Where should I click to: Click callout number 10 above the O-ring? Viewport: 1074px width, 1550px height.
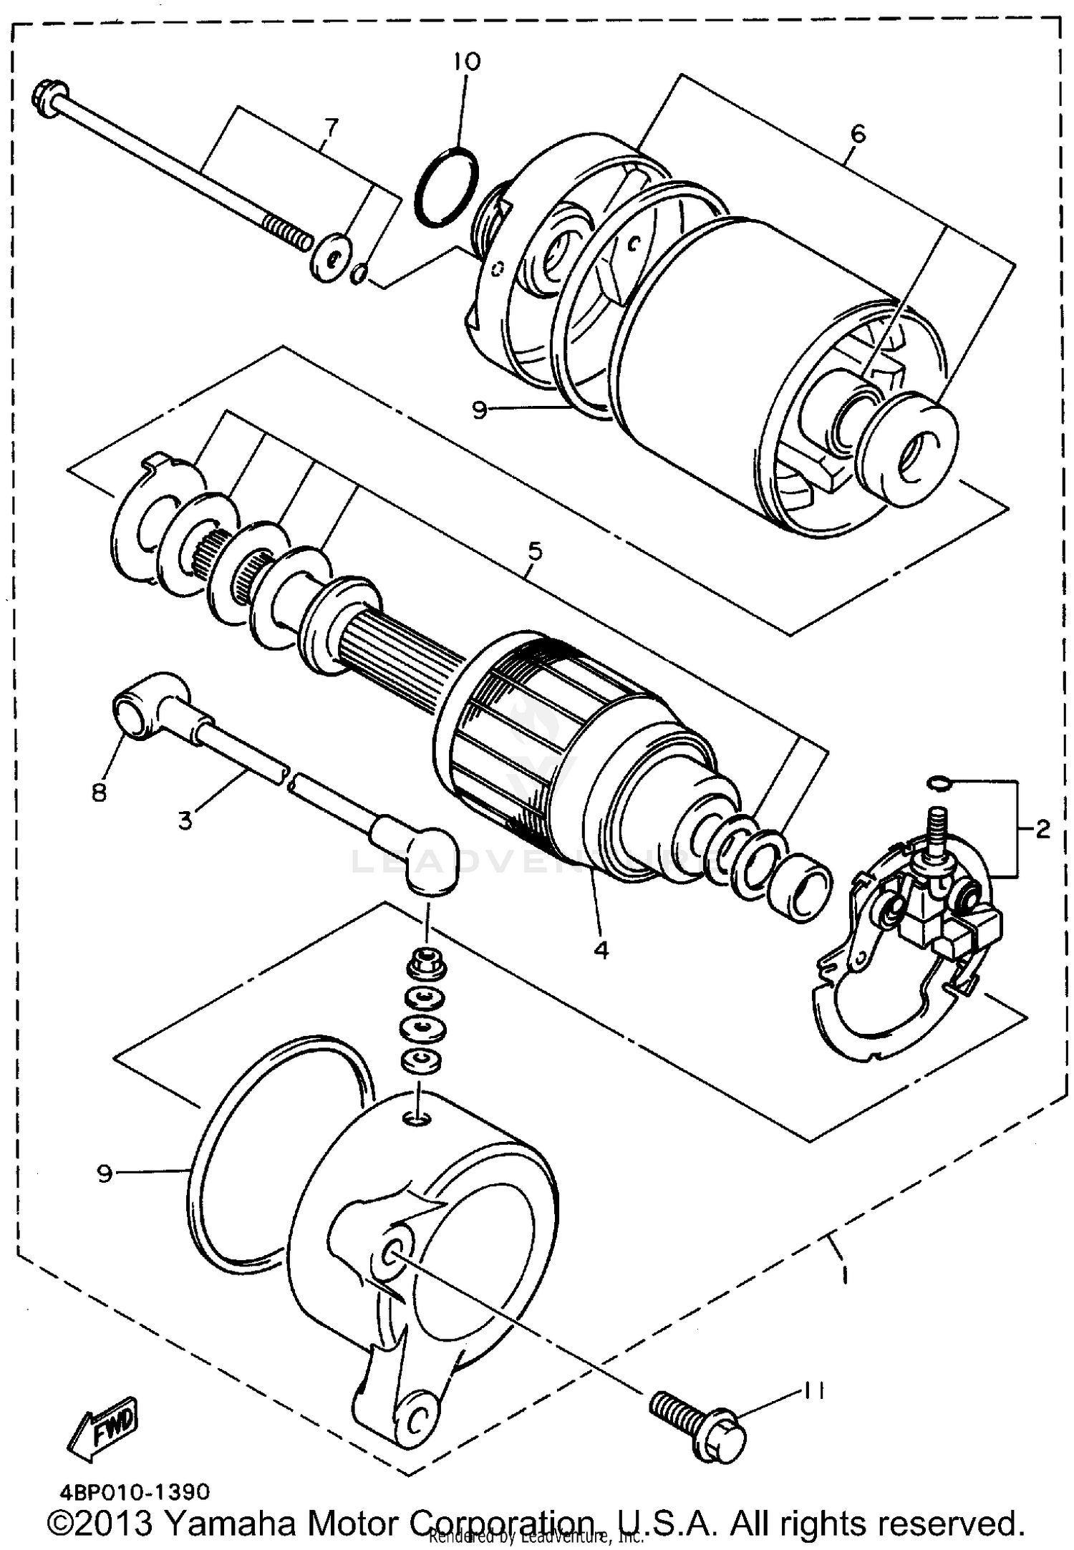point(466,62)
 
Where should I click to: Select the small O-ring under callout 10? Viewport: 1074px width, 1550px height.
point(447,188)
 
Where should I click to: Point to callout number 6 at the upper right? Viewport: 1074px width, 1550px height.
point(858,134)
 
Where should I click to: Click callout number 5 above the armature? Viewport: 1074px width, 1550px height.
point(535,551)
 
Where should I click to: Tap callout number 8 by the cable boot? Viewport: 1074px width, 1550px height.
point(99,792)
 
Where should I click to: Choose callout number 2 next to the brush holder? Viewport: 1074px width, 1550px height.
point(1043,829)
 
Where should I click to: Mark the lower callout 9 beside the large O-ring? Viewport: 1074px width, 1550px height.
point(105,1174)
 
